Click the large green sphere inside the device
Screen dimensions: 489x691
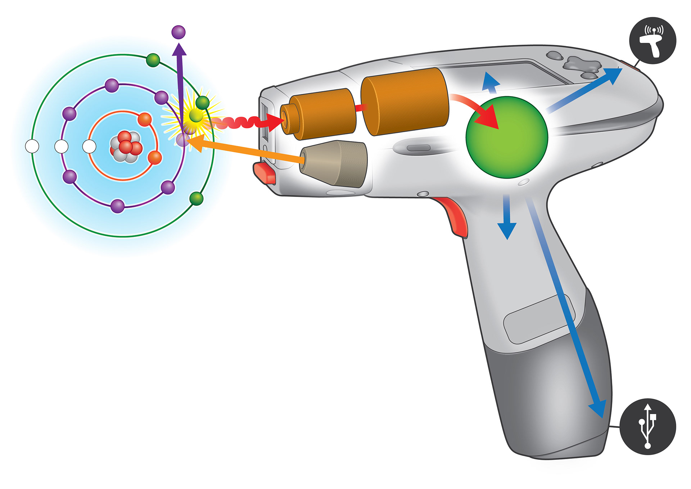507,137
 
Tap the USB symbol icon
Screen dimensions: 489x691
648,426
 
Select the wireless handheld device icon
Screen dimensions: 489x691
652,40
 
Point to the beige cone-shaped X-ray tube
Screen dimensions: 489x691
334,164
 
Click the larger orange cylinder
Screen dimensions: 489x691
405,102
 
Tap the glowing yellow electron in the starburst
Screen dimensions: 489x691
196,115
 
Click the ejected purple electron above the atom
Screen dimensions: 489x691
179,32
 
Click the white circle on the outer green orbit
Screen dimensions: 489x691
32,147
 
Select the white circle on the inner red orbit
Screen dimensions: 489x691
89,147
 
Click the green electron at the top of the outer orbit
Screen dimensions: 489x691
153,60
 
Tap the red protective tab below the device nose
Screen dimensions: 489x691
265,173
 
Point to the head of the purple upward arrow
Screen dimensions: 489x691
179,49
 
